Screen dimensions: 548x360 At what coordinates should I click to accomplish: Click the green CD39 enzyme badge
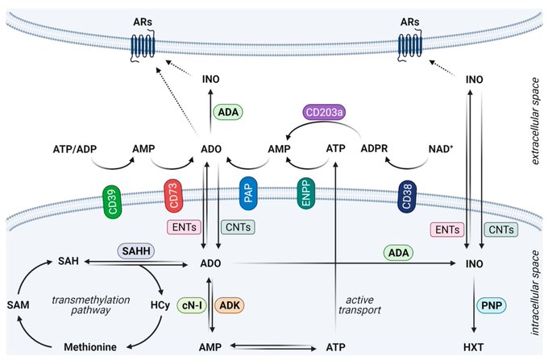[x=112, y=202]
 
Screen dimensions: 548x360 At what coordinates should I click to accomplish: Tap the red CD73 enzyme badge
[x=173, y=196]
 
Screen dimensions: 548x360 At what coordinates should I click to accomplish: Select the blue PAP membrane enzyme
[x=248, y=193]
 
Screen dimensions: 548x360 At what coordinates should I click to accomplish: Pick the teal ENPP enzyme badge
[x=305, y=193]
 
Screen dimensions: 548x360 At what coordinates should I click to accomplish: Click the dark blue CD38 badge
[x=407, y=197]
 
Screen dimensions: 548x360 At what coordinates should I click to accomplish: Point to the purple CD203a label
[x=324, y=113]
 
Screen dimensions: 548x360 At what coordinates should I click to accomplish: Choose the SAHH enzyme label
[x=136, y=251]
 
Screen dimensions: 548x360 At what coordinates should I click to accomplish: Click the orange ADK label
[x=230, y=305]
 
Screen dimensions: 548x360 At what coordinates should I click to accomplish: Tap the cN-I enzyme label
[x=192, y=305]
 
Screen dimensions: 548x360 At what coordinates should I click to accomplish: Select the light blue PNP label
[x=492, y=305]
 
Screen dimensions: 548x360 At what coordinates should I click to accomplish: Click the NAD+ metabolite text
[x=441, y=149]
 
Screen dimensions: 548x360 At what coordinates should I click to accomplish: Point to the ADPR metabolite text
[x=374, y=149]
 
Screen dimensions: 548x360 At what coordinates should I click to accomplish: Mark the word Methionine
[x=90, y=347]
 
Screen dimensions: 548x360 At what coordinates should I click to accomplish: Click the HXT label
[x=474, y=347]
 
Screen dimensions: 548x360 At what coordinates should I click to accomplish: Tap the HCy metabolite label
[x=160, y=305]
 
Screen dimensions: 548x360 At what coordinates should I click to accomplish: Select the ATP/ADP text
[x=75, y=150]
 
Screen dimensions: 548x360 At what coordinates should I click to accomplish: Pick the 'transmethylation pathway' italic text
[x=91, y=304]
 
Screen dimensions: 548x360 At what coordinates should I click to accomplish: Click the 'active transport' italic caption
[x=359, y=304]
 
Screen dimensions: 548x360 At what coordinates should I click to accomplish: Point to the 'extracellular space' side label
[x=535, y=121]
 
